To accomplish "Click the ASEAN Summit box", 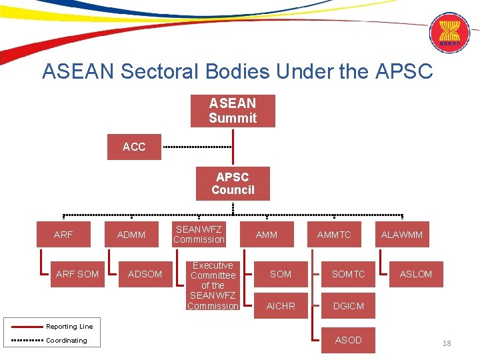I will [x=232, y=111].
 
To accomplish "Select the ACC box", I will [x=134, y=147].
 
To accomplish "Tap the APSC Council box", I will [x=233, y=183].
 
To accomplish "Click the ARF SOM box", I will [x=77, y=274].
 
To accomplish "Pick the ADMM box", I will [x=131, y=235].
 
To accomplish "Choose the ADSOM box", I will [x=145, y=274].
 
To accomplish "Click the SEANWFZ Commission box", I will [x=199, y=235].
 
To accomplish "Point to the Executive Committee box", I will [x=213, y=285].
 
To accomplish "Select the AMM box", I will [x=267, y=235].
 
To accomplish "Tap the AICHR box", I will [x=281, y=306].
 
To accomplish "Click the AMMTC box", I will [x=334, y=235].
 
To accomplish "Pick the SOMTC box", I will [x=348, y=274].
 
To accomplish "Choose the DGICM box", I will [x=348, y=306].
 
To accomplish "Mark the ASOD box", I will [x=348, y=340].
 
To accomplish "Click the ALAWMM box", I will [x=401, y=235].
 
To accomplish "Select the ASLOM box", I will [x=415, y=274].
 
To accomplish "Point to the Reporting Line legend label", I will [x=69, y=327].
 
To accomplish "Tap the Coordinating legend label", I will [x=66, y=341].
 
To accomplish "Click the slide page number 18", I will [x=447, y=343].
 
